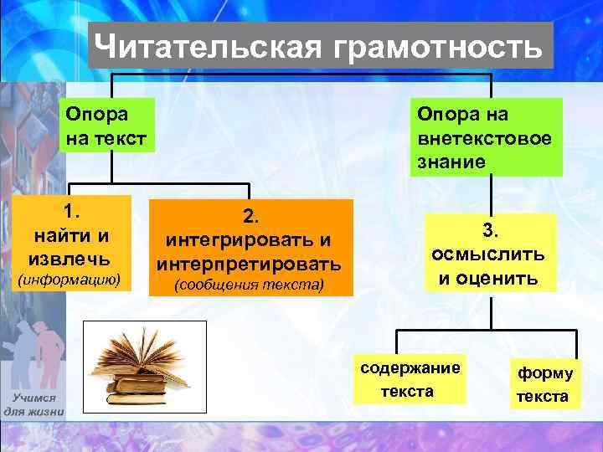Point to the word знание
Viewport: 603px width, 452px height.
(x=451, y=162)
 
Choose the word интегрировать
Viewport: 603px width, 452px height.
(x=249, y=240)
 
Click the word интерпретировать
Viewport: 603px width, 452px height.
(x=249, y=265)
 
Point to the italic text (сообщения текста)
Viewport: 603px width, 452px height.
(x=249, y=286)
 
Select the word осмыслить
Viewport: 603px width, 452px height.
(x=488, y=253)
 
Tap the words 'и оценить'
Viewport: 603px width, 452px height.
(x=488, y=277)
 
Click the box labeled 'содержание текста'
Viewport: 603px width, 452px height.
(x=409, y=380)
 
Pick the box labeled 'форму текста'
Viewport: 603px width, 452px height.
(x=545, y=385)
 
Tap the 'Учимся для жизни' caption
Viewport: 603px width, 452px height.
(x=33, y=404)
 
